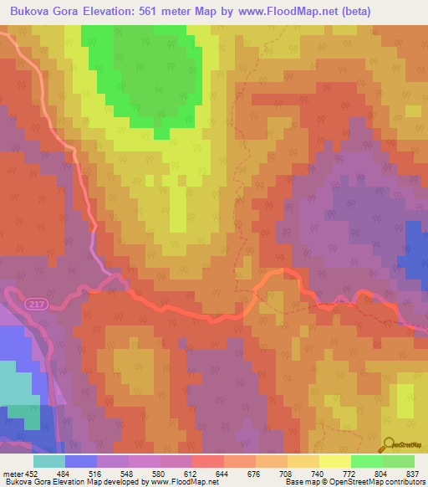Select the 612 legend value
click(192, 473)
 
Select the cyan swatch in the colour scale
click(49, 461)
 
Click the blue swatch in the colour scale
click(81, 461)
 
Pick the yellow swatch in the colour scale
click(335, 461)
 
